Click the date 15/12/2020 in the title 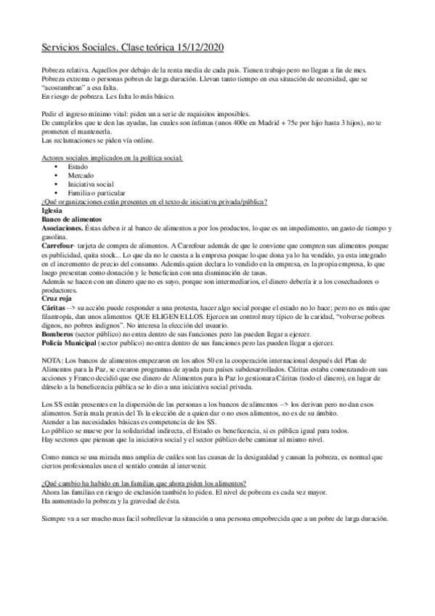pos(200,47)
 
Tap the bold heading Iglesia pos(54,210)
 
